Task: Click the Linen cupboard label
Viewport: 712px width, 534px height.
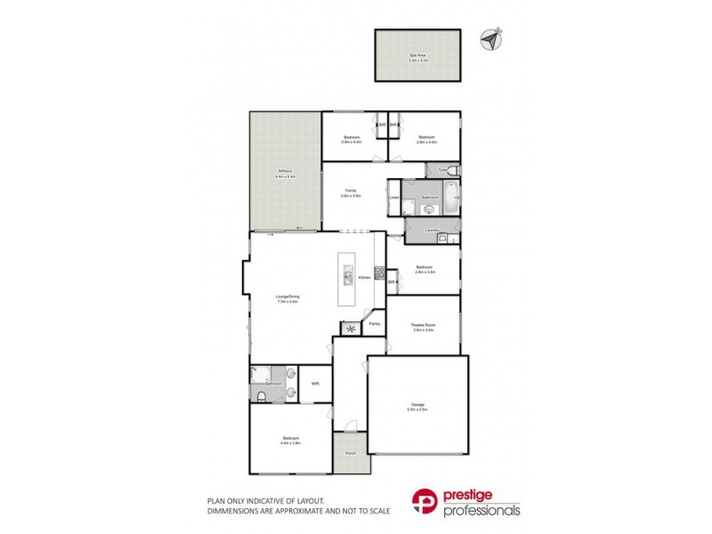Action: coord(393,198)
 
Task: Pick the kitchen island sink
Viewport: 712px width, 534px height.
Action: coord(348,274)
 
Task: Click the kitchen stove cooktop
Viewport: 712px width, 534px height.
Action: coord(379,275)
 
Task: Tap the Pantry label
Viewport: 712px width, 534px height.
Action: coord(375,324)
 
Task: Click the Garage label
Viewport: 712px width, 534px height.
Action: coord(417,405)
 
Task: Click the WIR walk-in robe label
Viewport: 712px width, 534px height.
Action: coord(315,384)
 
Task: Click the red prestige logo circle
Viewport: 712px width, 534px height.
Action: coord(424,502)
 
